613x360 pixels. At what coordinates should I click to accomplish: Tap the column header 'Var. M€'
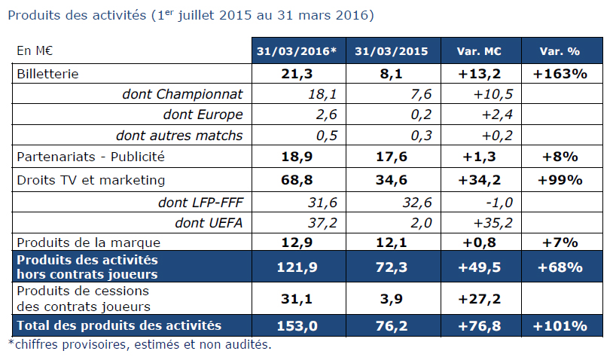click(x=479, y=51)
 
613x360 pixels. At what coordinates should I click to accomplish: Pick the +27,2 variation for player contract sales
click(x=479, y=299)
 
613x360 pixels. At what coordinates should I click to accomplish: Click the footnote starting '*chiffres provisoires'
click(x=139, y=345)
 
